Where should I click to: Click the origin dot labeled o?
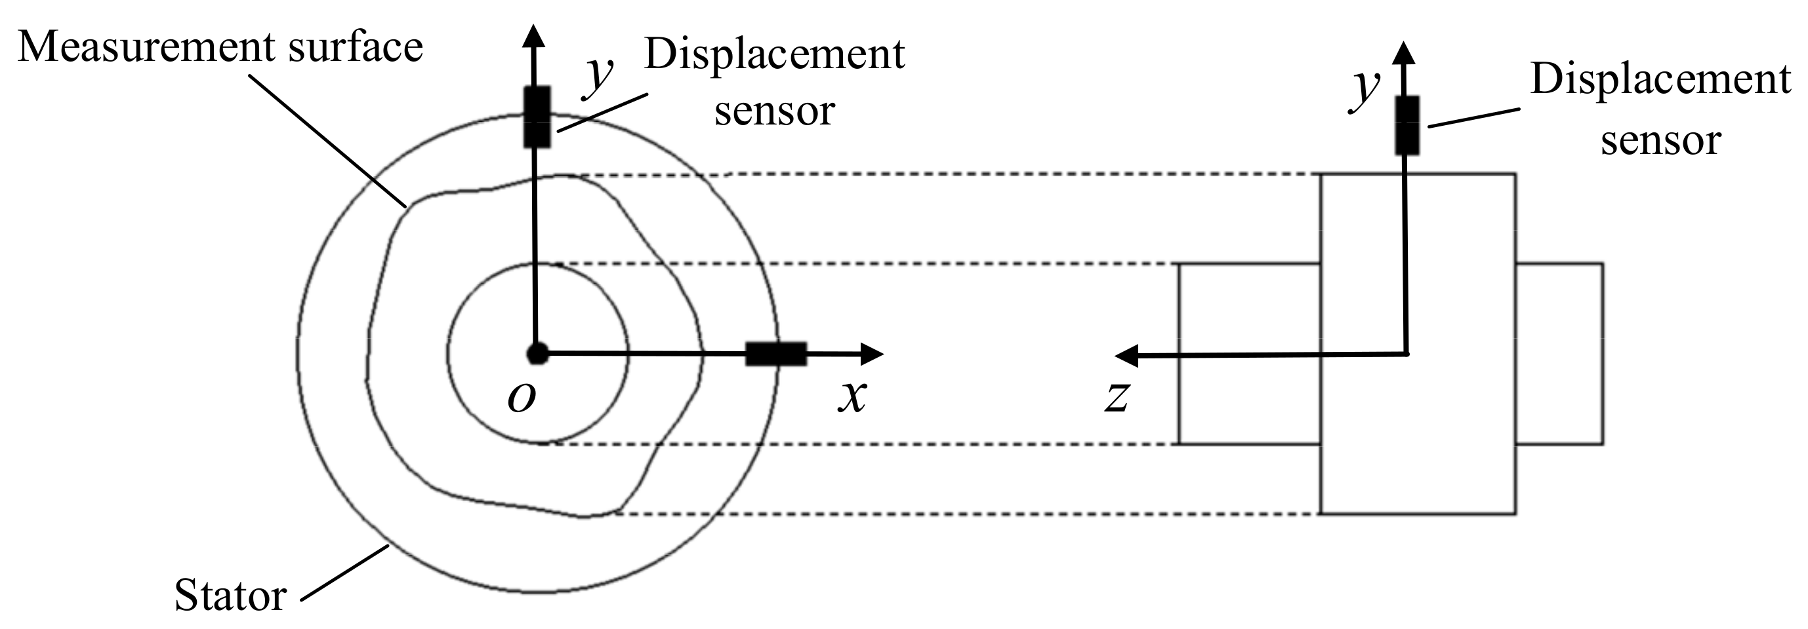[x=538, y=353]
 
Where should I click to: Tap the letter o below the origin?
[x=522, y=398]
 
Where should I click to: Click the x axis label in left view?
[x=852, y=397]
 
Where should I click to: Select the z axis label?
[x=1117, y=397]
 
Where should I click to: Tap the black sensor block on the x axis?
[x=775, y=354]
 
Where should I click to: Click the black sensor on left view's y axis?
[x=537, y=117]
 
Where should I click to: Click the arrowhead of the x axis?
[x=873, y=354]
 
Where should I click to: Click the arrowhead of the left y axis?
[x=535, y=35]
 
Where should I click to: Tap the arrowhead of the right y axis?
[x=1404, y=52]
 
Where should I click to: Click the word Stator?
[x=230, y=596]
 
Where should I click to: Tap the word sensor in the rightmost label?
[x=1660, y=140]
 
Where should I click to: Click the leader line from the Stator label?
[x=344, y=573]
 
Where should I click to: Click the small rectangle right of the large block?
[x=1559, y=354]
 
